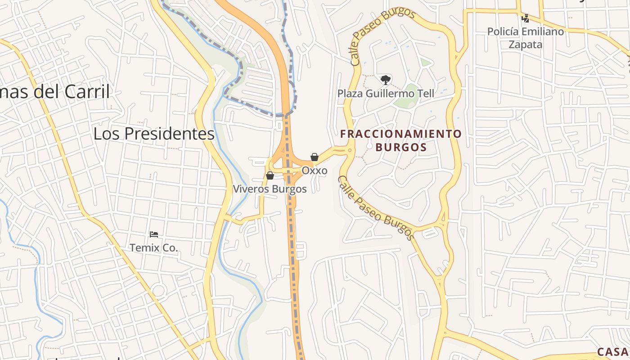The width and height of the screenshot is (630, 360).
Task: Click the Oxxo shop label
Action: click(x=314, y=171)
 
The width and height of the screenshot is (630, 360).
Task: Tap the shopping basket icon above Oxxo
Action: click(x=315, y=157)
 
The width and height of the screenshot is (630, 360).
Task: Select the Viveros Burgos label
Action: click(x=270, y=189)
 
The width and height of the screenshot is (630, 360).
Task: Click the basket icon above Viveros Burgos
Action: click(x=270, y=175)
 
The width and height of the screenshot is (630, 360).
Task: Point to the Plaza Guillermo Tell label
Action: click(x=386, y=94)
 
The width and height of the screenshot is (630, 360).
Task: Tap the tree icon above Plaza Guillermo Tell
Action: click(x=385, y=80)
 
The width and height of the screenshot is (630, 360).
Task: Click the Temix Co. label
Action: click(x=153, y=247)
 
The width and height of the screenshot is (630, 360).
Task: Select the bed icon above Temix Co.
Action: click(x=153, y=234)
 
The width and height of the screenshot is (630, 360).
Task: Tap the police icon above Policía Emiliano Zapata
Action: click(x=525, y=18)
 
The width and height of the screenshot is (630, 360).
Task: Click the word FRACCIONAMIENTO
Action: click(x=401, y=134)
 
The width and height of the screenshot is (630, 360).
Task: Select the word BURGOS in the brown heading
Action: click(x=401, y=147)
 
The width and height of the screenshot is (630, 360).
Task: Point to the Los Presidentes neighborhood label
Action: click(x=154, y=134)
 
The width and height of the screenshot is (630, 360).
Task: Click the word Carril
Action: click(x=87, y=92)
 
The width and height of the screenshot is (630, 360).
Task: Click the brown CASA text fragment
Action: click(x=613, y=352)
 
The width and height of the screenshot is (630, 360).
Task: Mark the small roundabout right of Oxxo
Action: click(x=350, y=151)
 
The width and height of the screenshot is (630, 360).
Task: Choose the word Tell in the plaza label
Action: click(x=424, y=94)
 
